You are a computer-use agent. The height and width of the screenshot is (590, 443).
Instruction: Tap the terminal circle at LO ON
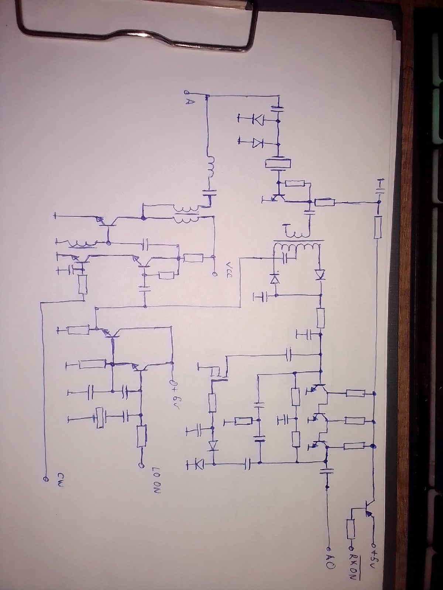click(141, 466)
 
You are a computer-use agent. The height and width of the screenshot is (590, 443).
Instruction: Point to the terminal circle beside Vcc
click(213, 274)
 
